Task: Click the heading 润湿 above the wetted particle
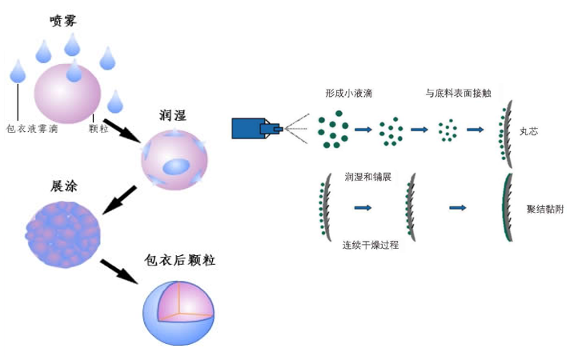click(174, 116)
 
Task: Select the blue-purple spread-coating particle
click(63, 234)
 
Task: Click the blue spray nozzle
click(254, 128)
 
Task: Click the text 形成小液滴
click(348, 94)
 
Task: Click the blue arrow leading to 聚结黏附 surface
click(458, 208)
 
